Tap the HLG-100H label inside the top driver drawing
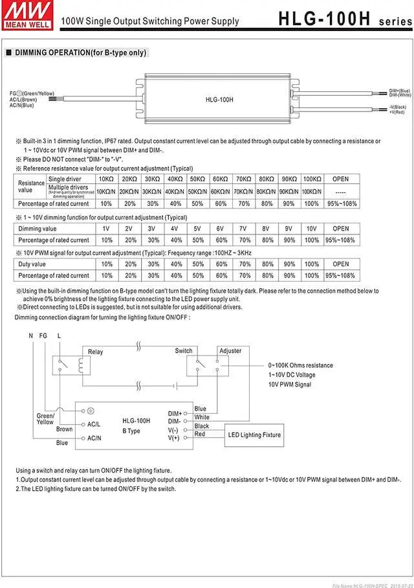(219, 99)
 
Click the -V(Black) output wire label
(397, 107)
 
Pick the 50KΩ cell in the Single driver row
(197, 179)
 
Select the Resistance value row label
(31, 187)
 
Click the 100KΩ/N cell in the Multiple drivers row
(312, 192)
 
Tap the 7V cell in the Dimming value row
(243, 229)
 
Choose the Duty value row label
(32, 264)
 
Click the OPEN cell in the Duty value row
(340, 264)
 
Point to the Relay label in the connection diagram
(96, 352)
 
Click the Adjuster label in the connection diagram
(230, 351)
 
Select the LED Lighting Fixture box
(254, 435)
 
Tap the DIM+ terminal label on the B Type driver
(175, 413)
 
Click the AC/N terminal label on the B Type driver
(94, 438)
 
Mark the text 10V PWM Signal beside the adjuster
(289, 385)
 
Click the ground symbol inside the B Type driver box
(91, 411)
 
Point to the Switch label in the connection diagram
(184, 351)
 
